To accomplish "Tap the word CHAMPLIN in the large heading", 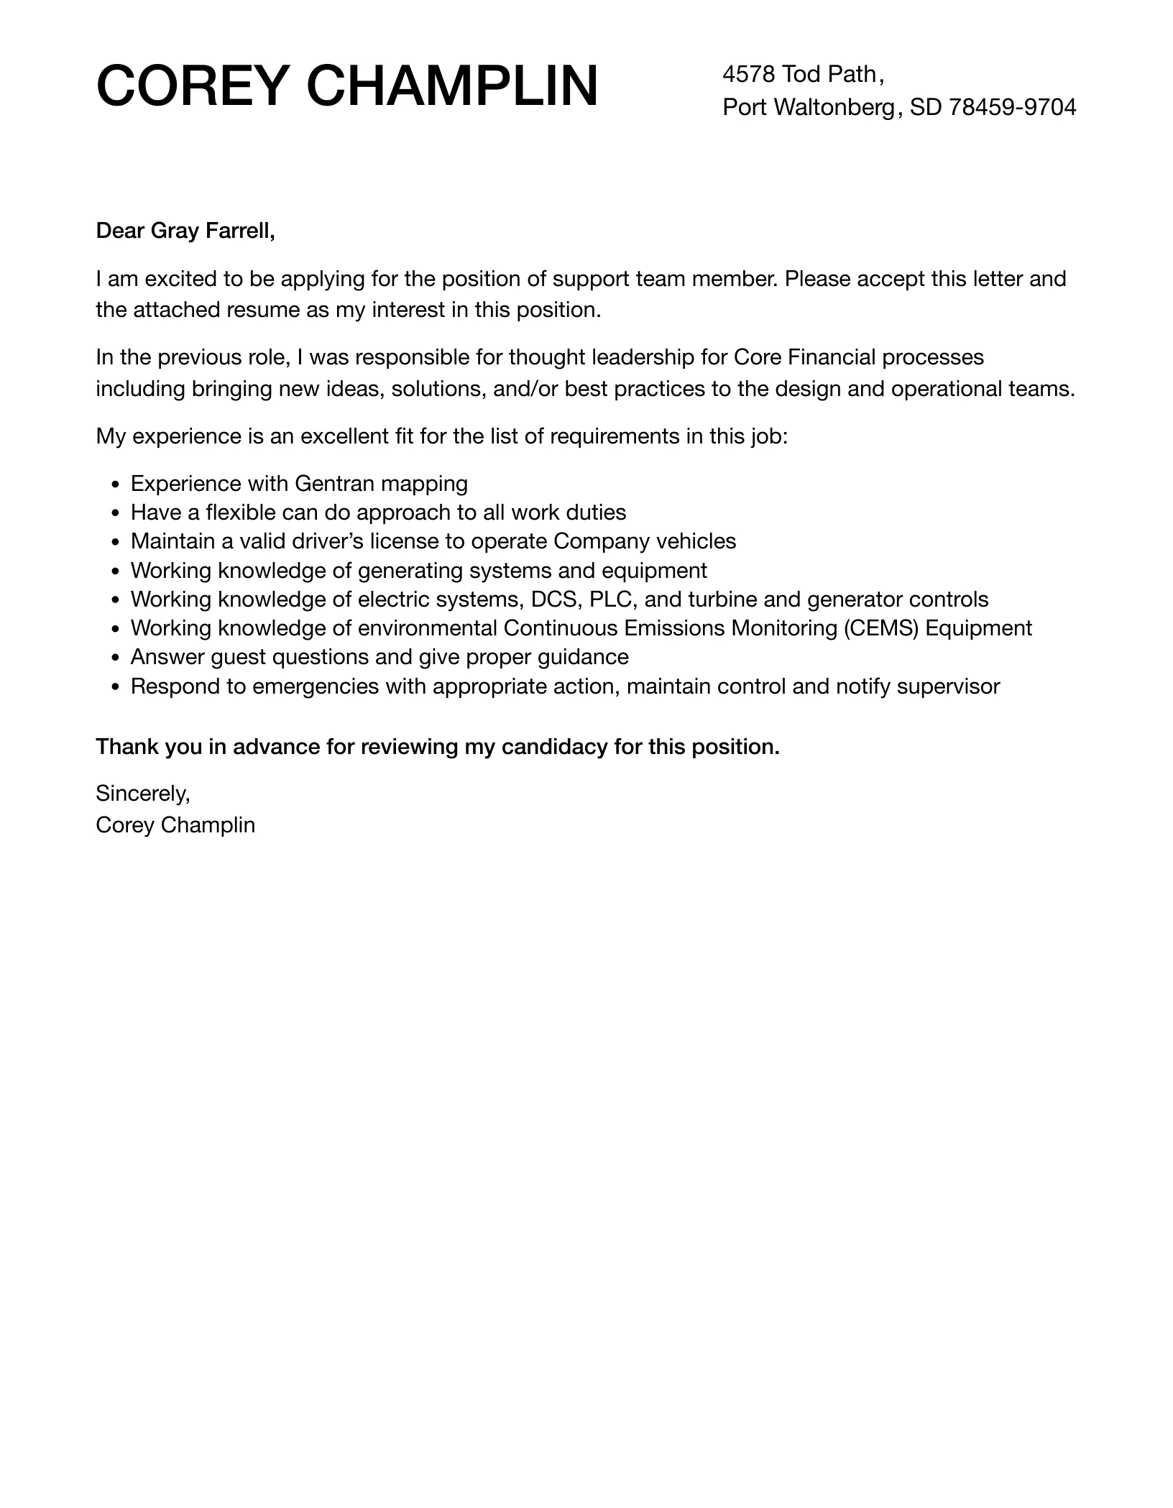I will tap(452, 86).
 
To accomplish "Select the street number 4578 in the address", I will tap(749, 73).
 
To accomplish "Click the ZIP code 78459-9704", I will tap(1013, 107).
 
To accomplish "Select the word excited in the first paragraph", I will tap(172, 278).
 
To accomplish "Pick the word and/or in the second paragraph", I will tap(525, 389).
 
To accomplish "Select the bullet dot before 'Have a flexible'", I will tap(116, 513).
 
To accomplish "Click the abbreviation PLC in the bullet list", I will tap(610, 599).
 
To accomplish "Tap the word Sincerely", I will tap(142, 793).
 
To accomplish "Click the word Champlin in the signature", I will tap(208, 824).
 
